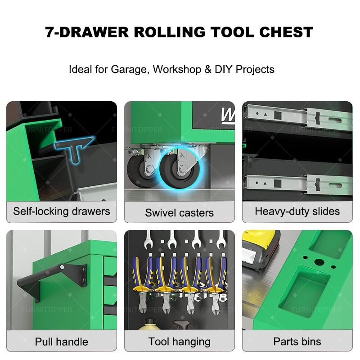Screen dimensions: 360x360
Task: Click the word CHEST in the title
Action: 286,32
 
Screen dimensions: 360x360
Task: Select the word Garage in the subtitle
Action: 129,69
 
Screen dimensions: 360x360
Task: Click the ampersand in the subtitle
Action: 208,69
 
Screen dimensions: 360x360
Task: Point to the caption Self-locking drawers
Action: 62,211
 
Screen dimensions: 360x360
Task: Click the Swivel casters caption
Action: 179,212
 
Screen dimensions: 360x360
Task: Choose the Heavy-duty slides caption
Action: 297,211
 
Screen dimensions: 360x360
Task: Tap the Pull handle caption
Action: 62,342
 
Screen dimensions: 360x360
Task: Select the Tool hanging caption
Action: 179,342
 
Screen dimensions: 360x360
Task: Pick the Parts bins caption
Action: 297,342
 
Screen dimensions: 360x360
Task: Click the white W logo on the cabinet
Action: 227,116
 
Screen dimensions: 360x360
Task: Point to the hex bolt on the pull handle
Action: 62,267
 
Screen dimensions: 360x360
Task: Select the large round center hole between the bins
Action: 319,262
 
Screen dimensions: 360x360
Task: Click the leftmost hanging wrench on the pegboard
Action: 148,240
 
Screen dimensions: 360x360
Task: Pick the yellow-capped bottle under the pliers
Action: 149,324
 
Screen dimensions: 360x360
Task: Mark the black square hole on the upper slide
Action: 278,115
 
